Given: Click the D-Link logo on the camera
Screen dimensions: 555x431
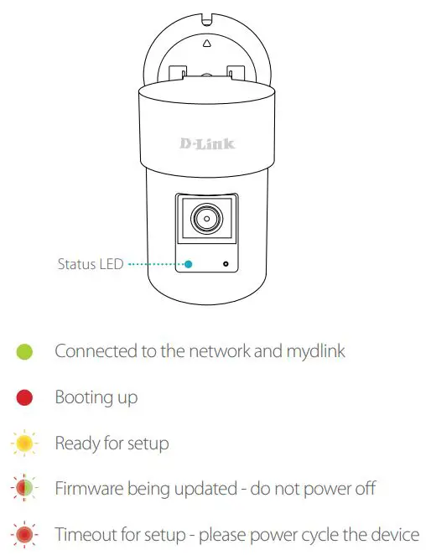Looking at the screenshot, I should click(207, 143).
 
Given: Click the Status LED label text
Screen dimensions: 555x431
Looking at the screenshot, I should click(90, 264).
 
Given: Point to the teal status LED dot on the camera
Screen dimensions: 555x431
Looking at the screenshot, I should click(189, 264).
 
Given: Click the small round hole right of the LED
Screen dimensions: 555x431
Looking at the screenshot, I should click(226, 264).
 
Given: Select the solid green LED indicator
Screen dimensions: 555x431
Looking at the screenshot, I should click(24, 352).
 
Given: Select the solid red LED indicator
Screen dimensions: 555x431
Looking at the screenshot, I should click(24, 397).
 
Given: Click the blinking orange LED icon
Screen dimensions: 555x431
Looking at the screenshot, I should click(24, 443).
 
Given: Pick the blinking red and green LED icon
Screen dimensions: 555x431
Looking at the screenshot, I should click(24, 488).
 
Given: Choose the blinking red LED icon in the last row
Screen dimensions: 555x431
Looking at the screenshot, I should click(24, 533).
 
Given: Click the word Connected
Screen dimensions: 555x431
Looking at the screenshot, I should click(95, 352).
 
